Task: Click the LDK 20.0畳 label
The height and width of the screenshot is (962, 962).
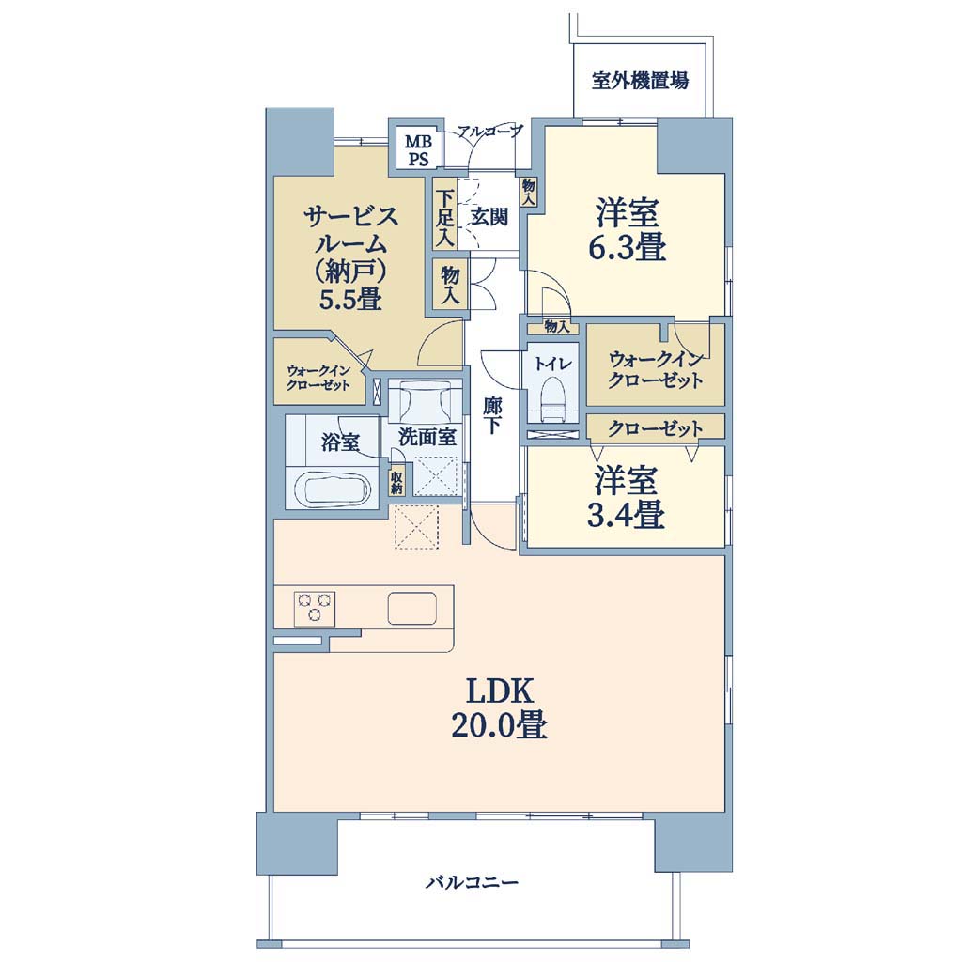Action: pyautogui.click(x=499, y=708)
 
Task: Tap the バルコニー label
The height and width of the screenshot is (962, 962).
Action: pyautogui.click(x=473, y=883)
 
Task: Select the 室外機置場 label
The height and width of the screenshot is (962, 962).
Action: pyautogui.click(x=640, y=81)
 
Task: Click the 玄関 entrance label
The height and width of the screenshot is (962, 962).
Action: pyautogui.click(x=489, y=216)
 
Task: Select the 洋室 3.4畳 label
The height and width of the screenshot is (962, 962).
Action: pyautogui.click(x=626, y=498)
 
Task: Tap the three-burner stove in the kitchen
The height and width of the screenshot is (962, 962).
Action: pyautogui.click(x=315, y=606)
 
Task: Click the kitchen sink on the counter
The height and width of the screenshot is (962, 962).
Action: pyautogui.click(x=411, y=608)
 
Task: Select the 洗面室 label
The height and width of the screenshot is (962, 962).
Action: pyautogui.click(x=427, y=437)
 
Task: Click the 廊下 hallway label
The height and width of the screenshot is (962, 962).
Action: pyautogui.click(x=491, y=416)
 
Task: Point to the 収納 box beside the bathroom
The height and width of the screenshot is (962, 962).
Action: pyautogui.click(x=396, y=482)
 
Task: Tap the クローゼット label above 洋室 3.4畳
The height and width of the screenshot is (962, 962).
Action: pyautogui.click(x=655, y=427)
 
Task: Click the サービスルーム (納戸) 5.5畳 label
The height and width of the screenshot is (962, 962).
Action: pyautogui.click(x=351, y=257)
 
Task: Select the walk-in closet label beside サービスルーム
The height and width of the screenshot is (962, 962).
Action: pyautogui.click(x=318, y=378)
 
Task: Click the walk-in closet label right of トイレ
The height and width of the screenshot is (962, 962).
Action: pyautogui.click(x=655, y=370)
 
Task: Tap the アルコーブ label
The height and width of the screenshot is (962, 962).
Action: pyautogui.click(x=490, y=131)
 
